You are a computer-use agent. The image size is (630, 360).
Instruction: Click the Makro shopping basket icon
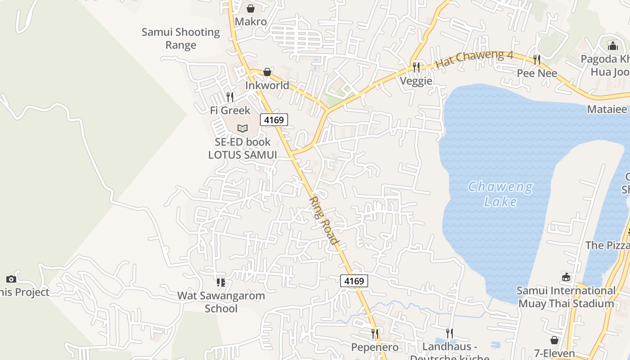251,9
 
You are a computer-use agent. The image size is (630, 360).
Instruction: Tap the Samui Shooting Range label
181,39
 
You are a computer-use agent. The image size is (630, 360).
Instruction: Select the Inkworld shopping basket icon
267,72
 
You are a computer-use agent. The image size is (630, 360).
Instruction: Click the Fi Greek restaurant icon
230,97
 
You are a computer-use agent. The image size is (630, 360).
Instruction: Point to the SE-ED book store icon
243,128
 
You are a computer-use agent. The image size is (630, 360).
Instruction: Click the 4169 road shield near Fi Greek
274,120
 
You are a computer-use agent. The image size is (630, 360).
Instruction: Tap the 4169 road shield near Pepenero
354,281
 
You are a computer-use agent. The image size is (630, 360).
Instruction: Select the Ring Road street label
324,220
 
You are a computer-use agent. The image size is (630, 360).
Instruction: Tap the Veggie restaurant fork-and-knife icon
416,67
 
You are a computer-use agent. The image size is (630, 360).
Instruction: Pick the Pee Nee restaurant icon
536,59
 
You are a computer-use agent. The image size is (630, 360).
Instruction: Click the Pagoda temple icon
613,46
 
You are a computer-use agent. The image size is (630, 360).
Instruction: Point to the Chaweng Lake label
500,194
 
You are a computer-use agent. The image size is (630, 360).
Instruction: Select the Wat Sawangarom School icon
220,283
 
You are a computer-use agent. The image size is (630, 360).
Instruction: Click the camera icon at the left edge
11,279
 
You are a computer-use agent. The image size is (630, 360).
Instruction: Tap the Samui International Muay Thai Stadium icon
566,277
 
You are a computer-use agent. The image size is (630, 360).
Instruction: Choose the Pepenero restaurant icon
374,333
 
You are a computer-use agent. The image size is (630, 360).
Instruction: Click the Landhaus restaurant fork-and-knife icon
449,333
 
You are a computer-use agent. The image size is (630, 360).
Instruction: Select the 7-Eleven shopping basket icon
554,340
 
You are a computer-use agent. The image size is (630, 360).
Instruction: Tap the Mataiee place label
607,109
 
